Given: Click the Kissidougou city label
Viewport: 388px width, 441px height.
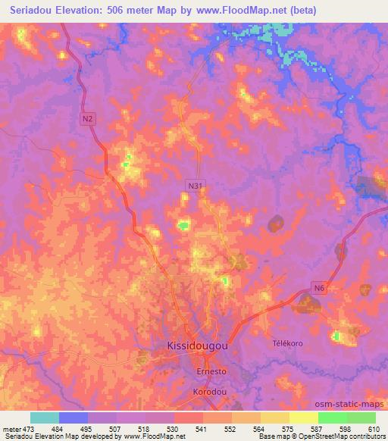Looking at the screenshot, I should (196, 346).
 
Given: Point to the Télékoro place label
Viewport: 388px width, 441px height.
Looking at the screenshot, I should (287, 343).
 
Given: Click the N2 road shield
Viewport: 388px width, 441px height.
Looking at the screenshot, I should (89, 119).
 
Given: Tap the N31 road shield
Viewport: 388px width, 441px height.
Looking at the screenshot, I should (196, 184).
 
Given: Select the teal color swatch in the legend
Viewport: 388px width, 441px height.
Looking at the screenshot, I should (45, 418).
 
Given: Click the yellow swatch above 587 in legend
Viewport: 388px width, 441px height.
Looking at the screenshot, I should (303, 418).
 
